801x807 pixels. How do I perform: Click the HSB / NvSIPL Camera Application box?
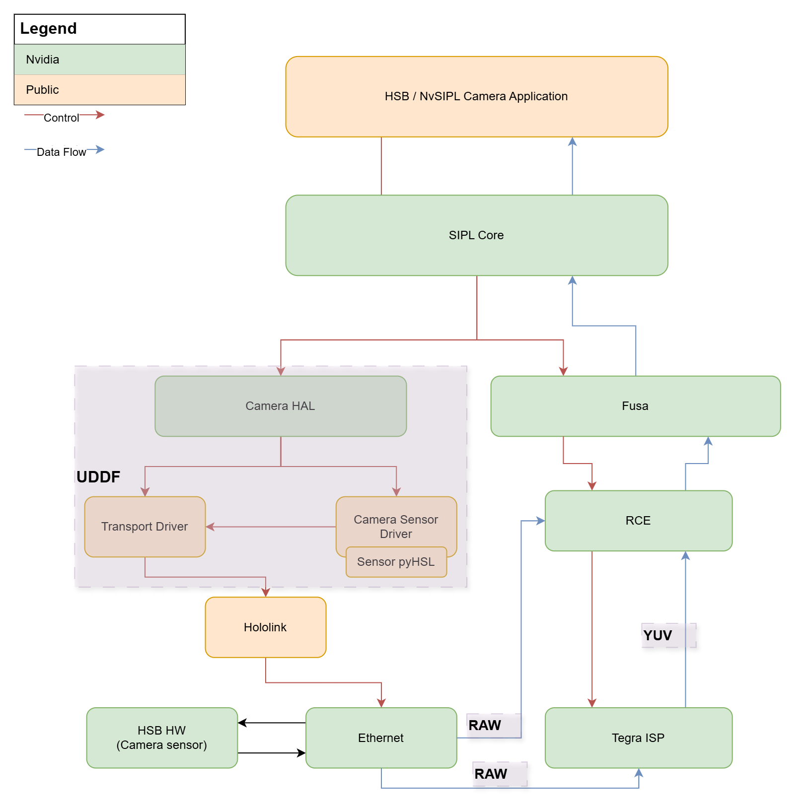click(476, 96)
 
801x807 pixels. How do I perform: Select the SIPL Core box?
click(476, 235)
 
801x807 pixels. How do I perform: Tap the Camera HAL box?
click(280, 406)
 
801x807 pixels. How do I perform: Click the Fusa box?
click(635, 406)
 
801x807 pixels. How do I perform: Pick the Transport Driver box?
click(145, 527)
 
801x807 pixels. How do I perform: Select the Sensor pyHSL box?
click(396, 562)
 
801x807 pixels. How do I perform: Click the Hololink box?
click(265, 627)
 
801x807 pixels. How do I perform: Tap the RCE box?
click(638, 521)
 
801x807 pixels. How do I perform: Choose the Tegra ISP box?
click(638, 738)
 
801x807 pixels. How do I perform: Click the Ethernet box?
click(380, 738)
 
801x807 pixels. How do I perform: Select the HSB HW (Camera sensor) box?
click(161, 738)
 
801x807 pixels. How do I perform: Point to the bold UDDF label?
click(98, 477)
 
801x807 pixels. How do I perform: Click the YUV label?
click(657, 635)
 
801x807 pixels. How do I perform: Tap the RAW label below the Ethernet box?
click(491, 774)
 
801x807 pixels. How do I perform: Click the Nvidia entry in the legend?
click(43, 60)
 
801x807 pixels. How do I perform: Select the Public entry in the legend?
click(43, 90)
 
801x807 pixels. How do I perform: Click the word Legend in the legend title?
click(48, 29)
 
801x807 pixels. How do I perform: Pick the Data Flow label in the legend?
click(61, 152)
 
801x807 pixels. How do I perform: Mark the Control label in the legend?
click(61, 118)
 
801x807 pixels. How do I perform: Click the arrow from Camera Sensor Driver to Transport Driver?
click(271, 527)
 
